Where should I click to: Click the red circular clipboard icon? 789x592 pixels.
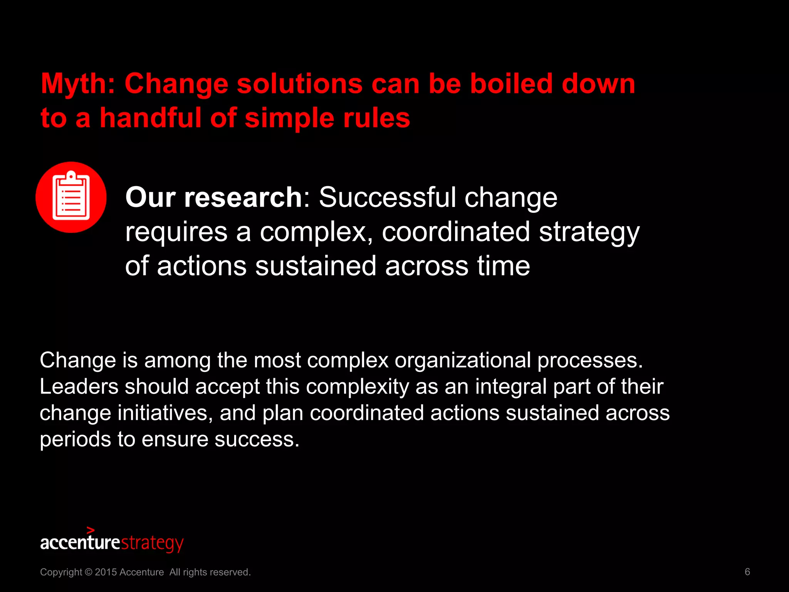click(x=71, y=197)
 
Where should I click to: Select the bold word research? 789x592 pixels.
click(x=243, y=197)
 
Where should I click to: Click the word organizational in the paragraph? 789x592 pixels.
click(x=462, y=360)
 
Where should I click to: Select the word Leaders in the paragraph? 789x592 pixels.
click(x=79, y=387)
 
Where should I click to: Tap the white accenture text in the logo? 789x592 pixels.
click(x=80, y=543)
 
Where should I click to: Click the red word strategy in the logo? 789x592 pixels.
click(x=152, y=543)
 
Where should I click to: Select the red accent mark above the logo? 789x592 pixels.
click(x=91, y=530)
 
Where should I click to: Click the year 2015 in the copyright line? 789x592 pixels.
click(x=106, y=572)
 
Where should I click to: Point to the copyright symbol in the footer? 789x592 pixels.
click(x=88, y=572)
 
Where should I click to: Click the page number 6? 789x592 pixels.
click(x=747, y=572)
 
